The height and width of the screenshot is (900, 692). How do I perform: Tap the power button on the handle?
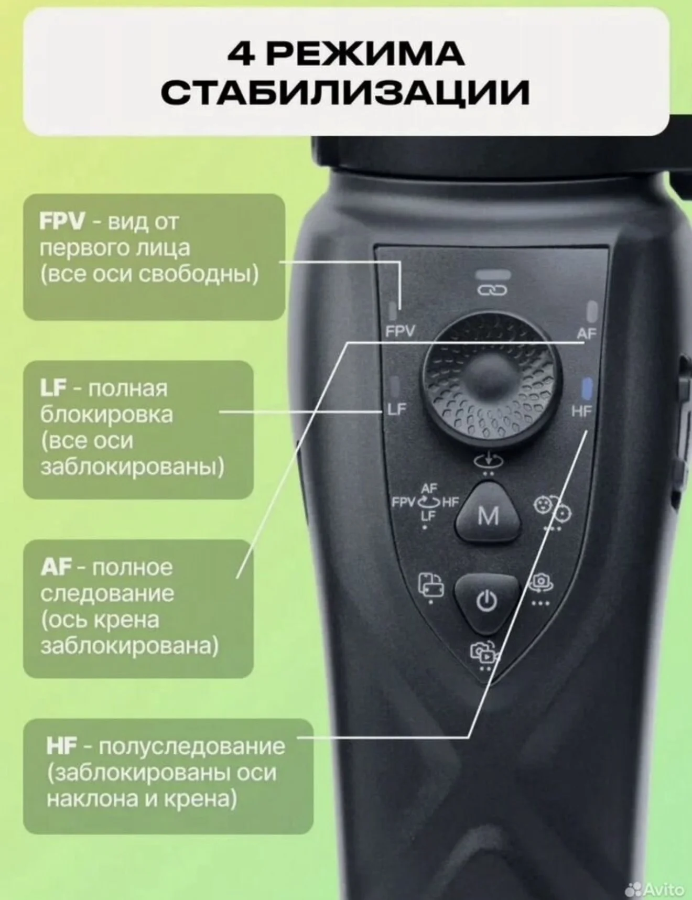point(486,602)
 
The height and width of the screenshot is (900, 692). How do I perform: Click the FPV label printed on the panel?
point(400,331)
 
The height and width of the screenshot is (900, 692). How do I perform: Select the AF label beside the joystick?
point(587,333)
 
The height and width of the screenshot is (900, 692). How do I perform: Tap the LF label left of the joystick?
point(397,409)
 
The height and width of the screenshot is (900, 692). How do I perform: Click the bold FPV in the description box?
point(62,222)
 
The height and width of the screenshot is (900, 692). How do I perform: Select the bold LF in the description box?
point(53,388)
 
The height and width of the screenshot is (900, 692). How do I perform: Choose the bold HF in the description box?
point(62,746)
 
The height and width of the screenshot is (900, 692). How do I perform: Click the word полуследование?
point(192,746)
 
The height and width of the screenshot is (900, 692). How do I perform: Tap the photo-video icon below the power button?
point(484,653)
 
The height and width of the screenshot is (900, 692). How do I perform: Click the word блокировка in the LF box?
point(106,415)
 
